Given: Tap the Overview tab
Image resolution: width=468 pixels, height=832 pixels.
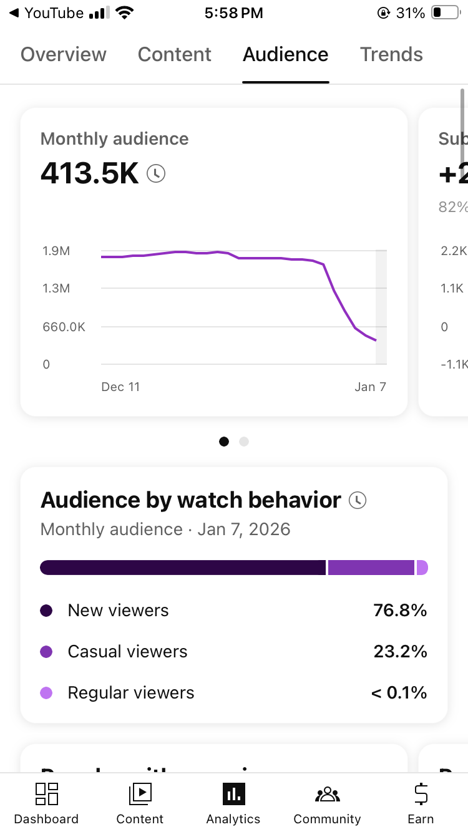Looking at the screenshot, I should coord(64,55).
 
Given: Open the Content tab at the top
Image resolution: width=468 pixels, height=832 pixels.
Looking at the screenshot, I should coord(175,55).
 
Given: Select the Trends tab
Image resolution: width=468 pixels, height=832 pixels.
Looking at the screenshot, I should coord(391,55).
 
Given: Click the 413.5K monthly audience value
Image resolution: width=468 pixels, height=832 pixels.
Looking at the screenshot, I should coord(89,173).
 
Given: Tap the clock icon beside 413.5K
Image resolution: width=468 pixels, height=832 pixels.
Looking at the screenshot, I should coord(156,173).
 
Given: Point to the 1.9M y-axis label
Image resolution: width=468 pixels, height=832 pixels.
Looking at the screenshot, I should coord(56,251).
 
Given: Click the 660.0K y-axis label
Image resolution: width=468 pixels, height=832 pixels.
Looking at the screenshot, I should coord(64,327).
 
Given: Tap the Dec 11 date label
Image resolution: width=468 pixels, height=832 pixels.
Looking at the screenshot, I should coord(120,387).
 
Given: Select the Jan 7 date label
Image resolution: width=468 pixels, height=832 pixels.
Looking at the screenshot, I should coord(370,387).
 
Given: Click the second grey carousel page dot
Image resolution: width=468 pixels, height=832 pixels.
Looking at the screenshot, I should coord(244,442).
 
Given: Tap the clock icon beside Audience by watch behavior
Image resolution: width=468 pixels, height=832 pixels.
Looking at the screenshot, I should coord(358,500).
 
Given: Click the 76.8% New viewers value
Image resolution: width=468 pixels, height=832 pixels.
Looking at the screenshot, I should coord(400,611).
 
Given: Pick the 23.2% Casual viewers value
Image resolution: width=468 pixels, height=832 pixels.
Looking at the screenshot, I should coord(400,652).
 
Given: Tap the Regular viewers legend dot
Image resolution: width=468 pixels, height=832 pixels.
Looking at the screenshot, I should coord(46,693).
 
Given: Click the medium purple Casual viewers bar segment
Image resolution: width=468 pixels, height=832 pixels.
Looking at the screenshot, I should coord(371,568).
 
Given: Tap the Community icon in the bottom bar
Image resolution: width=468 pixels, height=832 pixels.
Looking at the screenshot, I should coord(327,795).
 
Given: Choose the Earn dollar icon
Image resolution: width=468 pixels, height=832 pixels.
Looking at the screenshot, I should coord(421,794).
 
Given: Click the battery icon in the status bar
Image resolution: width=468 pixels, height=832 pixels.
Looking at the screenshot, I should coord(445,13).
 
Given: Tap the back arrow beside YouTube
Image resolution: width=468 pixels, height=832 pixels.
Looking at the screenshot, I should coord(14,13).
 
